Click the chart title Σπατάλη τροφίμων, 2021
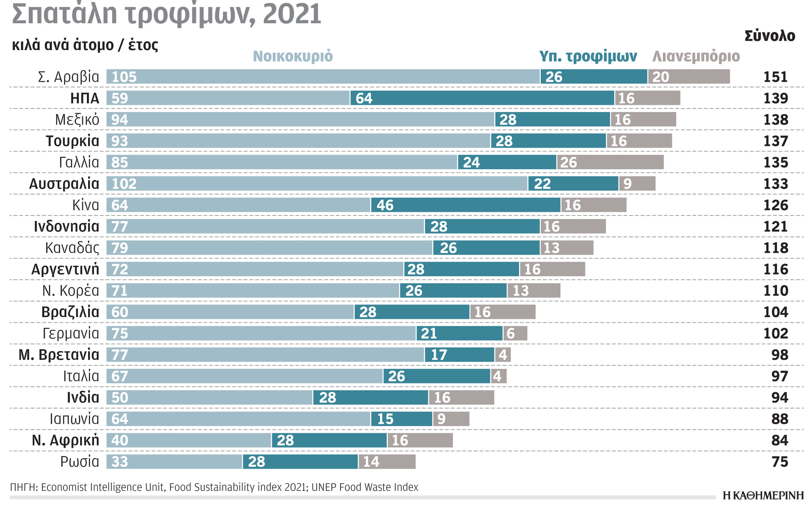[x=166, y=14]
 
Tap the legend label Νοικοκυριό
[x=293, y=56]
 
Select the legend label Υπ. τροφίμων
[x=588, y=56]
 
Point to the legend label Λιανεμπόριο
[x=696, y=56]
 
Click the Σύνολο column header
[x=769, y=36]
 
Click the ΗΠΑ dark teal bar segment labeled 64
[x=482, y=98]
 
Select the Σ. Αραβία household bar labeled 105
[x=323, y=77]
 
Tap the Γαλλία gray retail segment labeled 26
[x=610, y=162]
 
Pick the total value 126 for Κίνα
[x=775, y=205]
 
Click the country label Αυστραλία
[x=64, y=184]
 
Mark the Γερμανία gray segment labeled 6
[x=515, y=333]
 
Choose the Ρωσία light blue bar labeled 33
[x=174, y=462]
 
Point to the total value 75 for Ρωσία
[x=779, y=462]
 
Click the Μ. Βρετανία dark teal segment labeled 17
[x=459, y=355]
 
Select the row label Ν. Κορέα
[x=70, y=291]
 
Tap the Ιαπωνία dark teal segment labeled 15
[x=401, y=419]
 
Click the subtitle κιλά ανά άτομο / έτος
[x=85, y=45]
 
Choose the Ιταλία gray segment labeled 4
[x=499, y=376]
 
